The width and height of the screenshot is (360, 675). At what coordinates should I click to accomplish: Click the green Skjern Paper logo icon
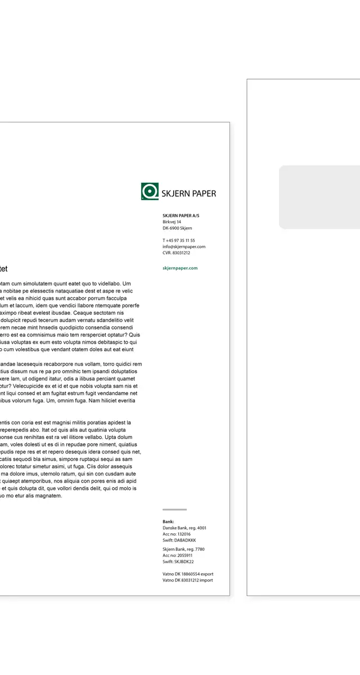click(149, 191)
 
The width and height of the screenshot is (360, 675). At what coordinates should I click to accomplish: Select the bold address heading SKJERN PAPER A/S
click(181, 215)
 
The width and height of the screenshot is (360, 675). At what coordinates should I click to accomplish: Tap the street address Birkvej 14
click(172, 222)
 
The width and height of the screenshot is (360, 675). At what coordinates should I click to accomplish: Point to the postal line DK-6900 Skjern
click(177, 228)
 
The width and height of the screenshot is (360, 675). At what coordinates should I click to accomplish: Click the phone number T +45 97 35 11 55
click(179, 240)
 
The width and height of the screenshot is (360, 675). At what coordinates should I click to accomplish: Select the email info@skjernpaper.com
click(184, 246)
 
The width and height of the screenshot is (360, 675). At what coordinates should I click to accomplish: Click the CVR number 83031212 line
click(176, 253)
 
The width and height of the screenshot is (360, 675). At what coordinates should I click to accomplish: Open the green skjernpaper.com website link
click(180, 268)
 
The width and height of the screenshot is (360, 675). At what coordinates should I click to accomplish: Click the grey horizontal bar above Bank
click(174, 510)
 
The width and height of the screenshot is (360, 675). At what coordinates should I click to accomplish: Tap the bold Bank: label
click(168, 521)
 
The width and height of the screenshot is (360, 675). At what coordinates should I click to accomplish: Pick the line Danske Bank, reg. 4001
click(184, 528)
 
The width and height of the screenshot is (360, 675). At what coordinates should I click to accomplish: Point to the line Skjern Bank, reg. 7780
click(183, 549)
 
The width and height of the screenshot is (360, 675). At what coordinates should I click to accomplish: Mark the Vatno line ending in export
click(188, 574)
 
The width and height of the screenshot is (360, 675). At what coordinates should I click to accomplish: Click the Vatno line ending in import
click(188, 580)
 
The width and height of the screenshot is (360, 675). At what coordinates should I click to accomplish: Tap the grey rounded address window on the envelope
click(319, 197)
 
